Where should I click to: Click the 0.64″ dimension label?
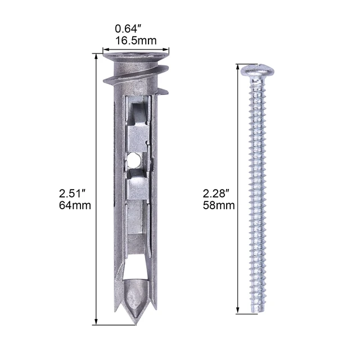pos(128,29)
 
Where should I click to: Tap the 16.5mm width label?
pos(136,40)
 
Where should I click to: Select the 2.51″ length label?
pos(72,193)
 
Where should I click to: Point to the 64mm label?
pos(75,205)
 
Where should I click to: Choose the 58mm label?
pos(219,205)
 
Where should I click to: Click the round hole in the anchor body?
pos(133,160)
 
